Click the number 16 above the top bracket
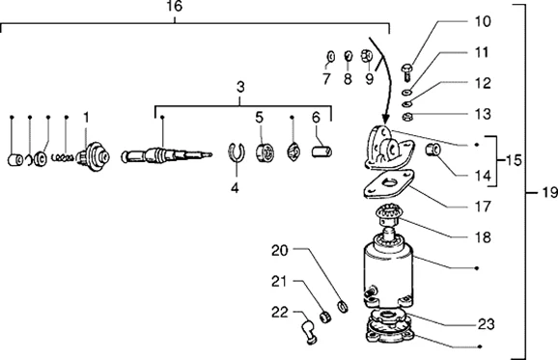175,6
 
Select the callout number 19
550,192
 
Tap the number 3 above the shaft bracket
240,87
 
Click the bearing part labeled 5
265,152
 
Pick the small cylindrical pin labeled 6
321,152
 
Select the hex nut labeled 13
406,116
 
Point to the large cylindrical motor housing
388,273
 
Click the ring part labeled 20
343,306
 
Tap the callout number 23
486,324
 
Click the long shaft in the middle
167,154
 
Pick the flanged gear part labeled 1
94,156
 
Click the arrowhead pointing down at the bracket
385,119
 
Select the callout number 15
514,161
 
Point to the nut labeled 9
367,56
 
